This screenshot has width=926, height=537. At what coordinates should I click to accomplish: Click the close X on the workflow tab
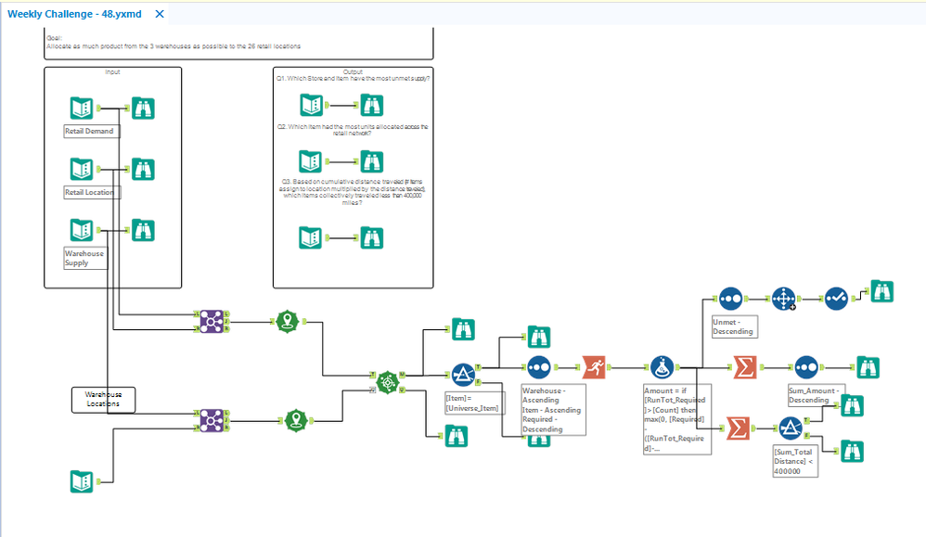click(160, 15)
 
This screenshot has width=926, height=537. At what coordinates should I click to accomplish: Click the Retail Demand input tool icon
click(82, 109)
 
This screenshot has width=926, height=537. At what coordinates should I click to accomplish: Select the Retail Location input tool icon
click(82, 169)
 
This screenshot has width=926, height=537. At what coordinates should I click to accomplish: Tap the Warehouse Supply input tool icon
click(82, 229)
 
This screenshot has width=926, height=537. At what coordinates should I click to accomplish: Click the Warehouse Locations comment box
click(103, 400)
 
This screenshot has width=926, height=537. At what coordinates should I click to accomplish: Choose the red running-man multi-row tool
click(595, 367)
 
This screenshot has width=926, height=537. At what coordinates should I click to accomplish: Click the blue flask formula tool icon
click(662, 367)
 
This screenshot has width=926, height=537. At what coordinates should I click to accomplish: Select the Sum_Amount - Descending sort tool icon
click(804, 367)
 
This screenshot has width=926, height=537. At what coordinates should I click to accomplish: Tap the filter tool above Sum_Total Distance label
click(790, 428)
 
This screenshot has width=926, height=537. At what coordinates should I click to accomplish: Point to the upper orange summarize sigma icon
click(743, 367)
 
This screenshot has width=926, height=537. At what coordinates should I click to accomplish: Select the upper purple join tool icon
click(212, 321)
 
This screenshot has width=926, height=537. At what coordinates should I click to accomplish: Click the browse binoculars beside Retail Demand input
click(143, 109)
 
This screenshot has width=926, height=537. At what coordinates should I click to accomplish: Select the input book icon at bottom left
click(82, 481)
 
